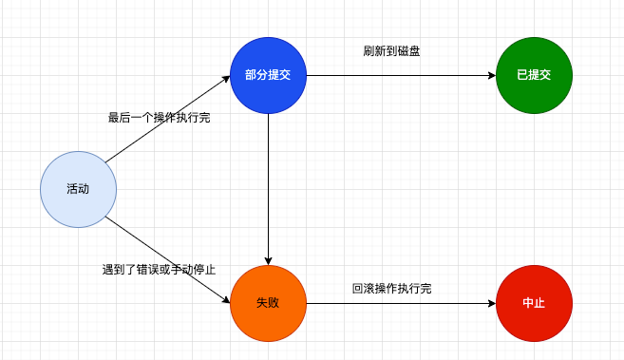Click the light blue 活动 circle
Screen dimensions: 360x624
(78, 189)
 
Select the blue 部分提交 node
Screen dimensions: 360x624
(268, 75)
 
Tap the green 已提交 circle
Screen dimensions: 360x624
(534, 75)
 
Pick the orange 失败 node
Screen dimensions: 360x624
(268, 303)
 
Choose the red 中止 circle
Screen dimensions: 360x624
(534, 303)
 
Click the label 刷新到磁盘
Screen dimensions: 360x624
(391, 51)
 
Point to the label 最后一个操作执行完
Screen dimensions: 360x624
(159, 118)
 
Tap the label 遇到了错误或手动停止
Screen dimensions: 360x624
(159, 270)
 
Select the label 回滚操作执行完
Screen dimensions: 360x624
(391, 288)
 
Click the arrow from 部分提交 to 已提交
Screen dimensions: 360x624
(399, 75)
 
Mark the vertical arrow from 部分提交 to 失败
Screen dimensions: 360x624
(268, 190)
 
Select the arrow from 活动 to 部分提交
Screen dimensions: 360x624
(168, 120)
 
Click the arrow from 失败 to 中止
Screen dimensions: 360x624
(399, 303)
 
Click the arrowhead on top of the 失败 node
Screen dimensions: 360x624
(268, 260)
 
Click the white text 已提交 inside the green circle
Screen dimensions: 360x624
(534, 75)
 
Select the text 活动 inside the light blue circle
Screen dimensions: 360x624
(78, 189)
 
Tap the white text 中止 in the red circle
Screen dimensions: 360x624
(534, 303)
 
